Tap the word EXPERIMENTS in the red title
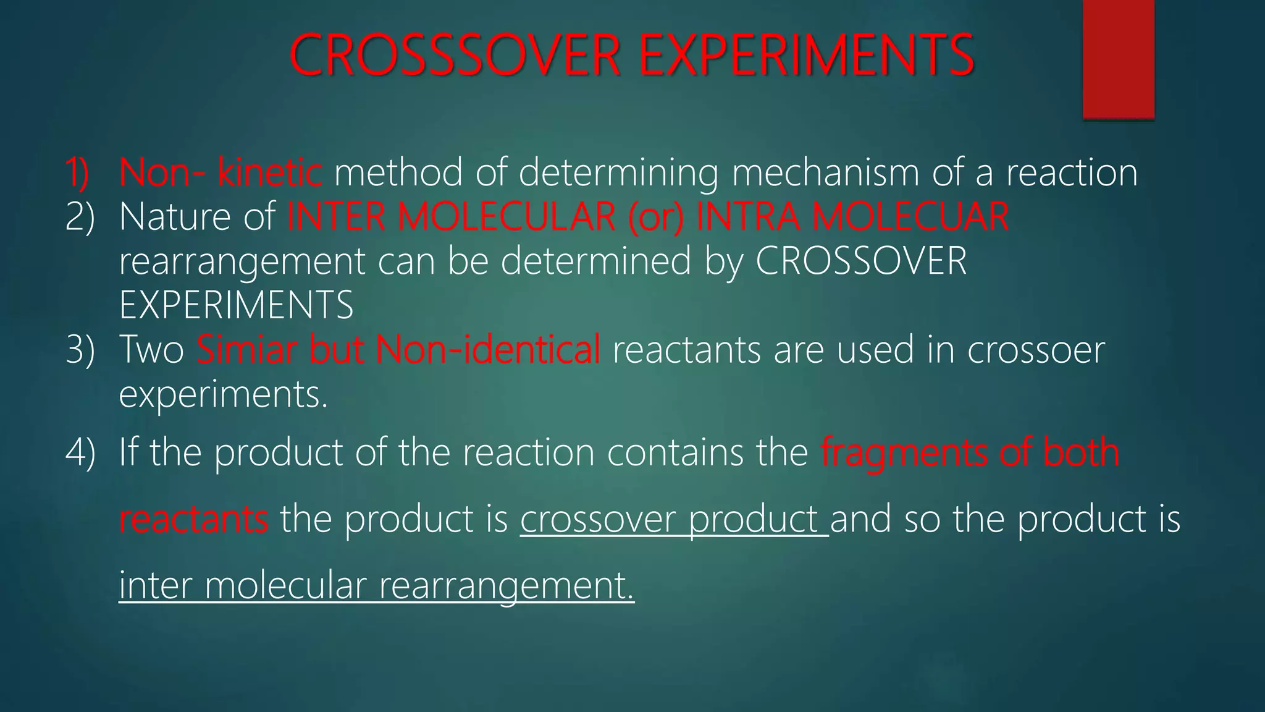coord(806,56)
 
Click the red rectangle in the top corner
coord(1119,59)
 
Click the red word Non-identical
coord(488,350)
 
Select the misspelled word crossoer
coord(1036,350)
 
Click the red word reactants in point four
coord(193,519)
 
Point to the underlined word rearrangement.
coord(506,585)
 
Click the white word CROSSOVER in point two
coord(861,261)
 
